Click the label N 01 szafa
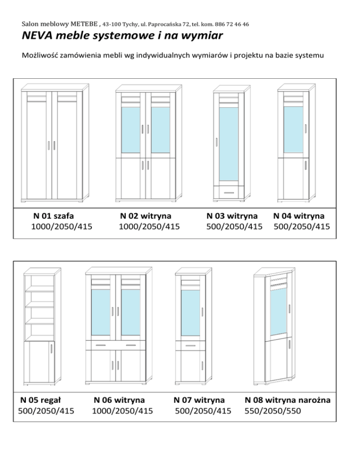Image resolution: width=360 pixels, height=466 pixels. (x=55, y=216)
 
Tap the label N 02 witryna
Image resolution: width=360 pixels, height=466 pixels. (x=145, y=216)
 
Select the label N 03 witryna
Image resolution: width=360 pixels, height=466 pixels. (x=232, y=216)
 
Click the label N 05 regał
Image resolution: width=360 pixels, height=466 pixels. (x=41, y=400)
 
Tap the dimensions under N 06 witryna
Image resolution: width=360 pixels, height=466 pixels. (x=122, y=411)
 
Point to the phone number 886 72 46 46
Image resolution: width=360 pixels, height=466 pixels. (x=232, y=23)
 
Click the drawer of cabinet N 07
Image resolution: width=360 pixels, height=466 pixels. (x=190, y=346)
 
